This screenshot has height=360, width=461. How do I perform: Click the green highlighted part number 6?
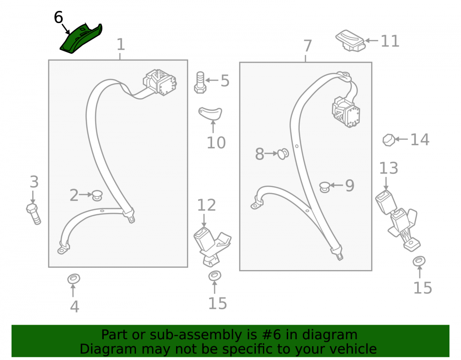pos(81,39)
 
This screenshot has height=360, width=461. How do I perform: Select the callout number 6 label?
pos(58,18)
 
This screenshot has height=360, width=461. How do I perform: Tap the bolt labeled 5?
pos(200,83)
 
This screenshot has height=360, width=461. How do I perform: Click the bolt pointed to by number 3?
pos(33,213)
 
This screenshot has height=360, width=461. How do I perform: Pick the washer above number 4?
pos(73,278)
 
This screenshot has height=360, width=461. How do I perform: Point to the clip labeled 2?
pos(97,195)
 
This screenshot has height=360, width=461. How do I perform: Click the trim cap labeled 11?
pos(350,41)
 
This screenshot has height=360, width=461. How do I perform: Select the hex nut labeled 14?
pos(389,140)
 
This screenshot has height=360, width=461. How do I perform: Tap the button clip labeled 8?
pos(283,153)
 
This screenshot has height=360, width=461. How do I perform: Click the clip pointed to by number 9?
pos(325,187)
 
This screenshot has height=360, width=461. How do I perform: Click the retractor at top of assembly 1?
pos(160,82)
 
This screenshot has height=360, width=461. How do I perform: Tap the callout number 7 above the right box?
pos(307,46)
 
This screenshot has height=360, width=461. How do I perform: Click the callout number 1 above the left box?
pos(121,45)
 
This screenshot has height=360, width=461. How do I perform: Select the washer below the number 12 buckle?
pos(215,276)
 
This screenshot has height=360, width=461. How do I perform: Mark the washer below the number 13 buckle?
pos(419,261)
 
